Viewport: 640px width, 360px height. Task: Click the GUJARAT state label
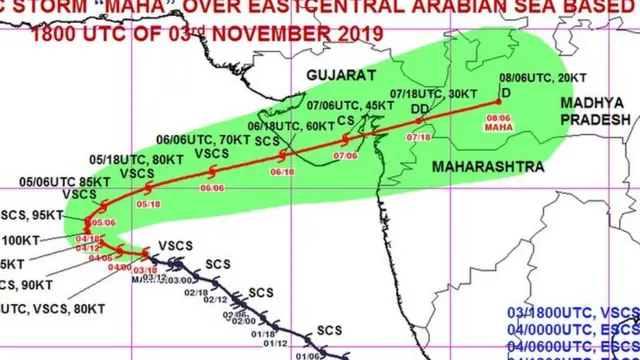340,76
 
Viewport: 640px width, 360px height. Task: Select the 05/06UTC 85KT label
60,181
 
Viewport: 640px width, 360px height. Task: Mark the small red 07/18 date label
419,136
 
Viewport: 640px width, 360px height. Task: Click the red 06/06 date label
212,187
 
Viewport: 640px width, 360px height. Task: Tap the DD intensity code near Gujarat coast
422,108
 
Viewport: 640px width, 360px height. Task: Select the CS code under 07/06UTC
346,120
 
